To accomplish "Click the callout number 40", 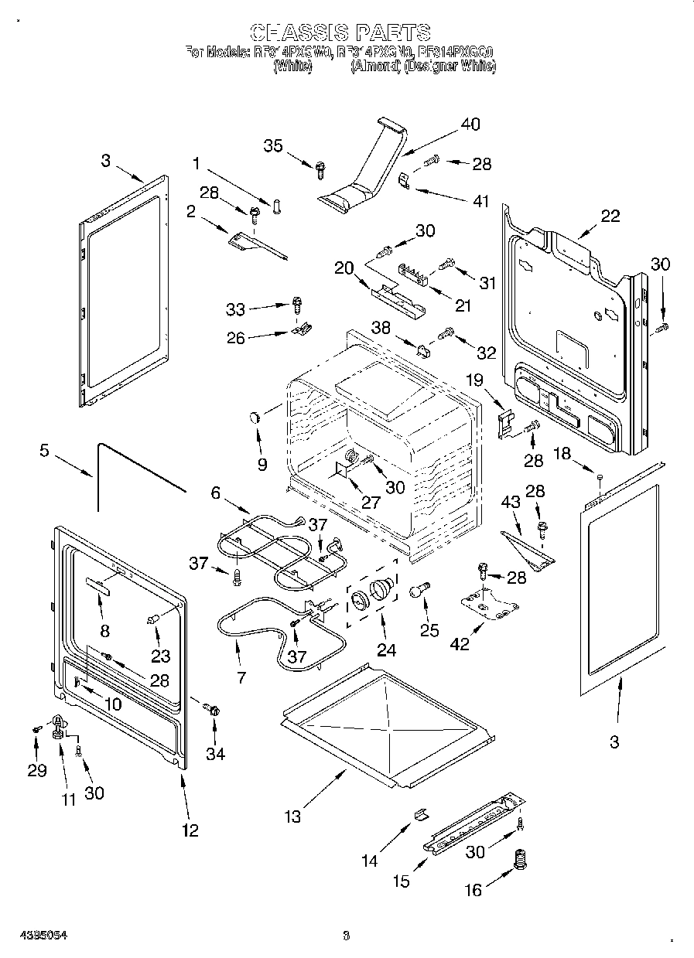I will click(x=470, y=124).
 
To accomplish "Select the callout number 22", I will click(x=610, y=216).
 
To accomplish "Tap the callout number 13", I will click(x=292, y=817).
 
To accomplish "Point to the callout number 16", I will click(x=473, y=891).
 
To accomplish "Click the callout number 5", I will click(x=45, y=451).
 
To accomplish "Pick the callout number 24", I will click(x=386, y=650).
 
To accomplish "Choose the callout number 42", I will click(x=460, y=645).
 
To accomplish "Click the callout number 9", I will click(x=262, y=465).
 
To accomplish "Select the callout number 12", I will click(x=190, y=830).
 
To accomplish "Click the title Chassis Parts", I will click(x=340, y=32).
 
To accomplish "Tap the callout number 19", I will click(x=473, y=380).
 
